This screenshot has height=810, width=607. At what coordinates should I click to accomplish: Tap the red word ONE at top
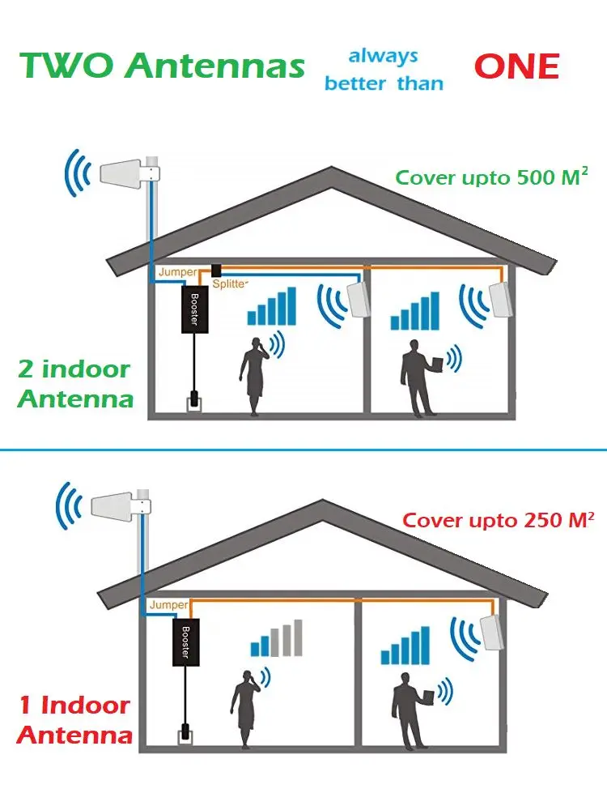(x=516, y=66)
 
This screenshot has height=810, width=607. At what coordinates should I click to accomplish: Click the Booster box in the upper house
(x=194, y=309)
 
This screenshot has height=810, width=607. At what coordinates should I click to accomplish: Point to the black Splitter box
(x=216, y=270)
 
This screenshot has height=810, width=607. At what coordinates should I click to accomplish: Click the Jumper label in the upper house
(x=176, y=272)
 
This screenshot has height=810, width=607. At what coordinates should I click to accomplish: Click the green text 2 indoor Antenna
(x=74, y=384)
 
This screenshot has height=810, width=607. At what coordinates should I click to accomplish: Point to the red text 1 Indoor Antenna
(x=74, y=719)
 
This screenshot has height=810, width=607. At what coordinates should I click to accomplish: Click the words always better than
(x=383, y=70)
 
